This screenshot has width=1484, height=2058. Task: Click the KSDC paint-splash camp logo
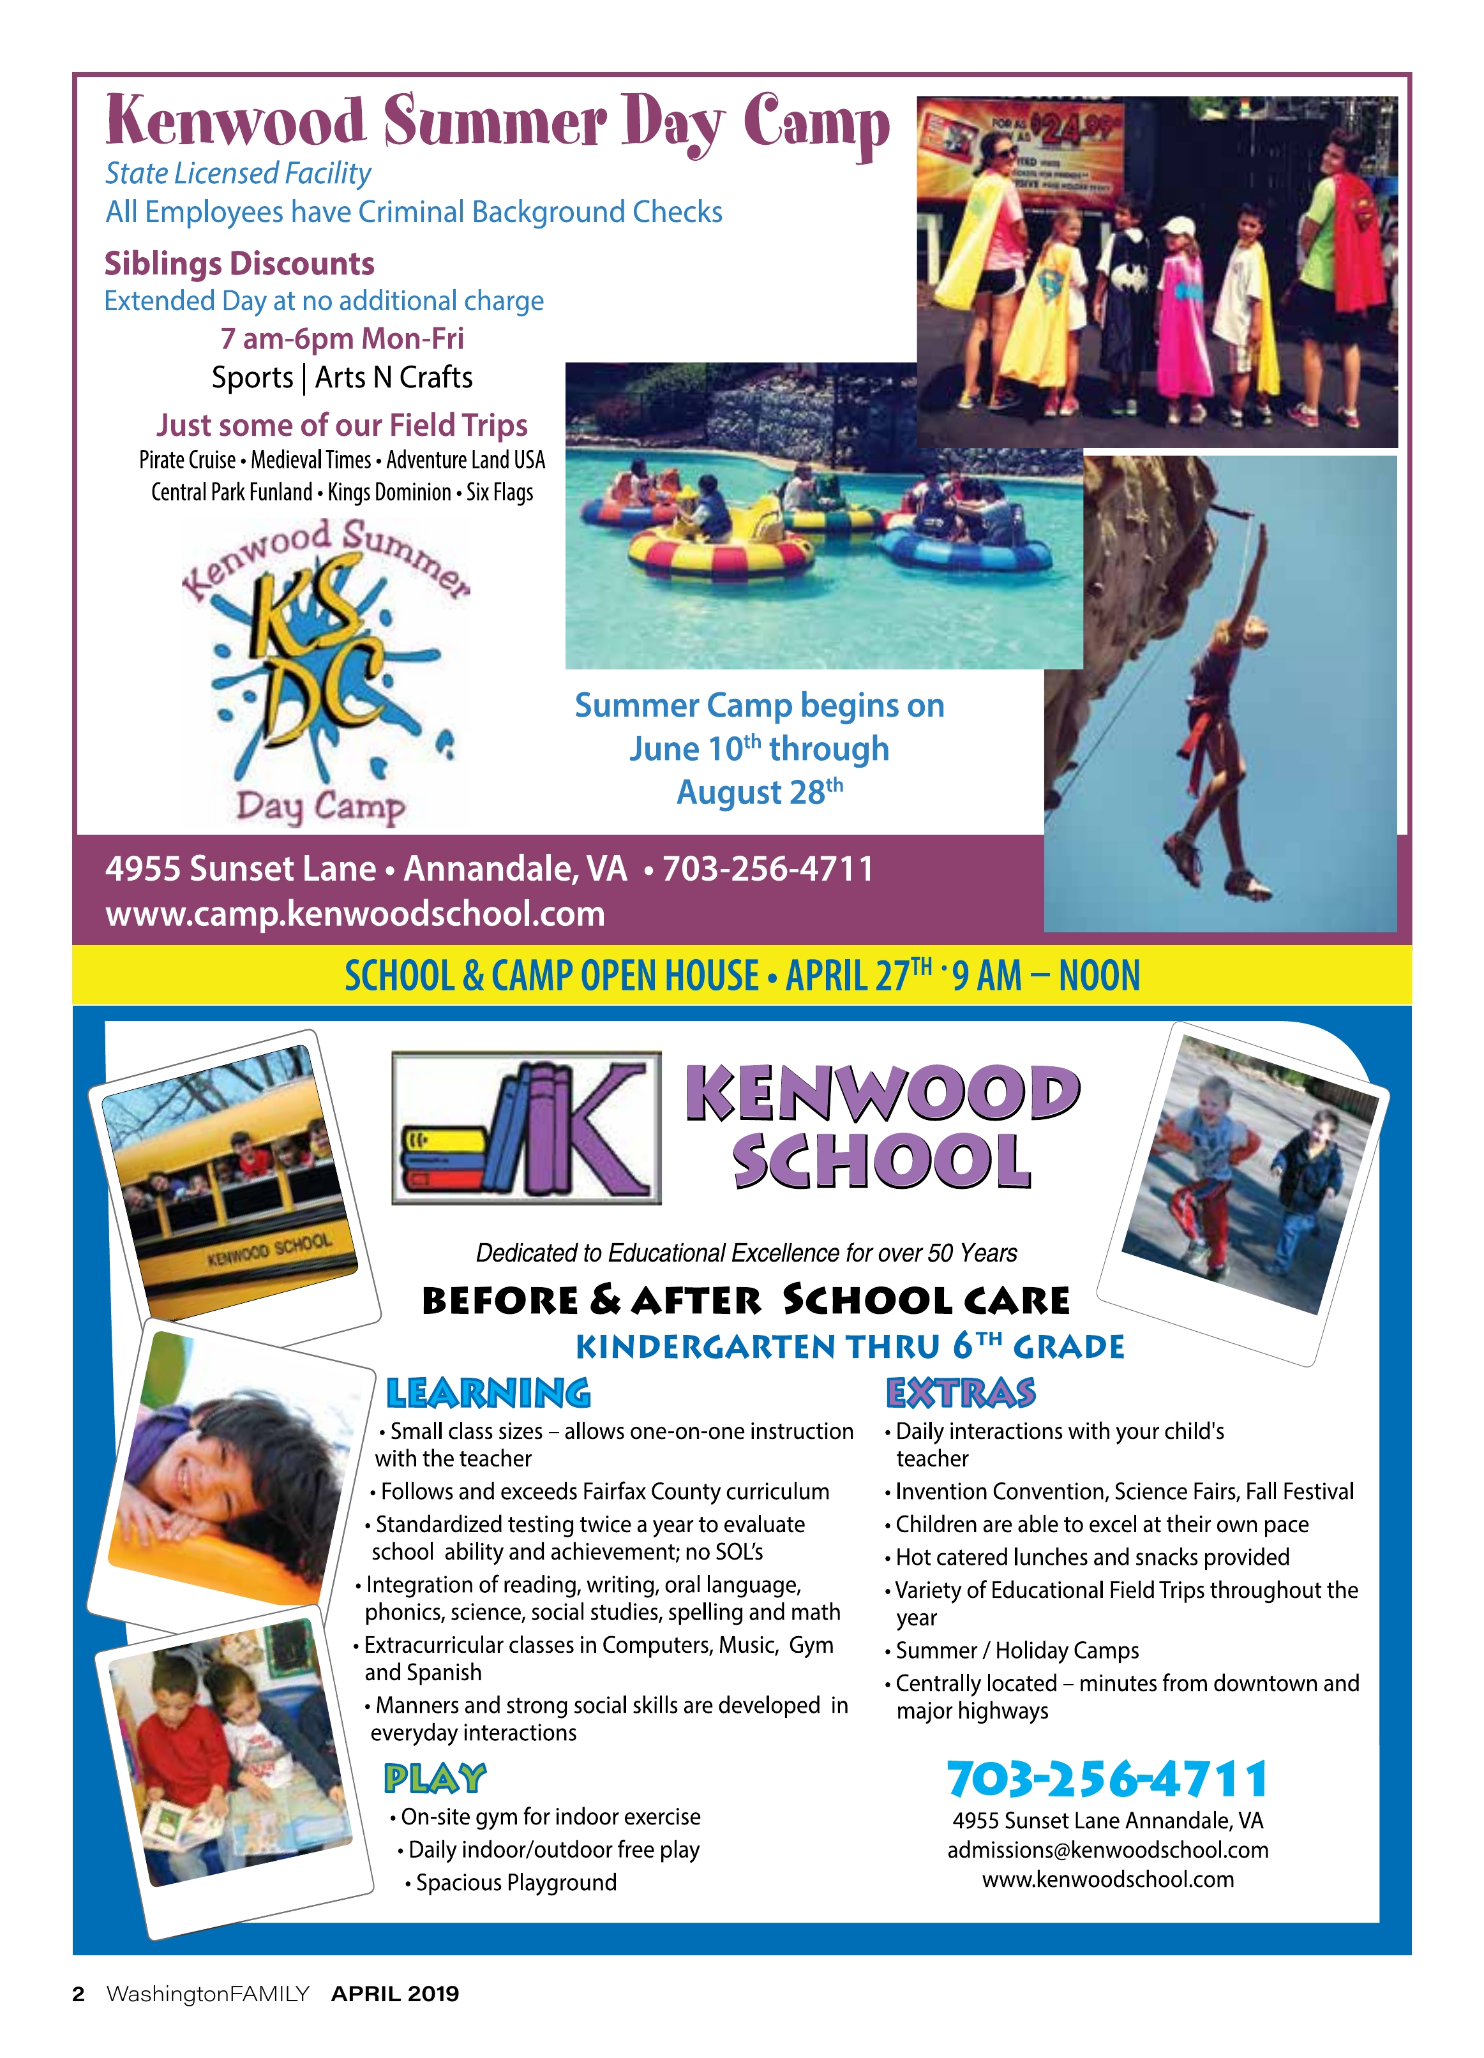[325, 671]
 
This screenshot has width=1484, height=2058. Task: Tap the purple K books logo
[527, 1128]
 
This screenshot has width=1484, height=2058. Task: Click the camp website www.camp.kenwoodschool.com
[355, 914]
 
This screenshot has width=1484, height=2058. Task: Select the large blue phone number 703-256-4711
[1107, 1779]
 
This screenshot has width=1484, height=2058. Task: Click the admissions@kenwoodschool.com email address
[1107, 1850]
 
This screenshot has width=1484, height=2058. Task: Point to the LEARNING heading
[488, 1394]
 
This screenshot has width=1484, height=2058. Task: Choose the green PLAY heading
[435, 1779]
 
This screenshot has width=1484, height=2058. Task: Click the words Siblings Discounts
[239, 264]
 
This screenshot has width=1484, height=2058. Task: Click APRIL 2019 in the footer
[395, 1994]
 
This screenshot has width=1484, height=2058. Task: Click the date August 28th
[760, 792]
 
